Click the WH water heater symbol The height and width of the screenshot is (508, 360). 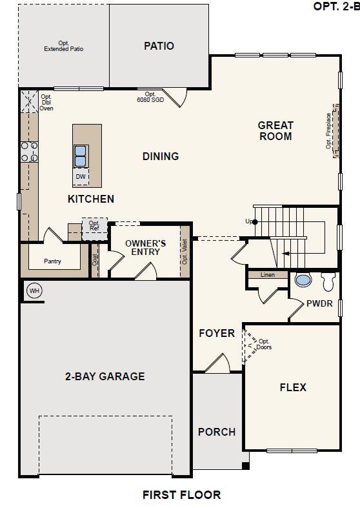point(34,291)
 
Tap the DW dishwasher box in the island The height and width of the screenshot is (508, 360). point(81,176)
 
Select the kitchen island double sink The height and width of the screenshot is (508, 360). point(81,156)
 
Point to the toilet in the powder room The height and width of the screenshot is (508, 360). point(328,281)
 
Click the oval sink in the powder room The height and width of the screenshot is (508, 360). point(303,280)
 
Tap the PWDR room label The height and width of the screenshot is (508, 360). point(319,303)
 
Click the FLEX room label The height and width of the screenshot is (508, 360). point(292,387)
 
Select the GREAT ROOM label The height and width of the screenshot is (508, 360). point(275,130)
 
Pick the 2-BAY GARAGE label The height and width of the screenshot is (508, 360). point(104,376)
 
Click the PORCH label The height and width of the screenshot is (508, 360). point(216,432)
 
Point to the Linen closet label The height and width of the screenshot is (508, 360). point(267,275)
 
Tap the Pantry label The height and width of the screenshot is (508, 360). point(54,261)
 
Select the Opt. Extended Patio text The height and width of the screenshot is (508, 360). point(63,46)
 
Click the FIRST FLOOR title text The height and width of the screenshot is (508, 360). point(181,495)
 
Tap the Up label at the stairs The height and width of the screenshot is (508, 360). point(249,221)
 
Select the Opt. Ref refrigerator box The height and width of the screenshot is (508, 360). point(94,227)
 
